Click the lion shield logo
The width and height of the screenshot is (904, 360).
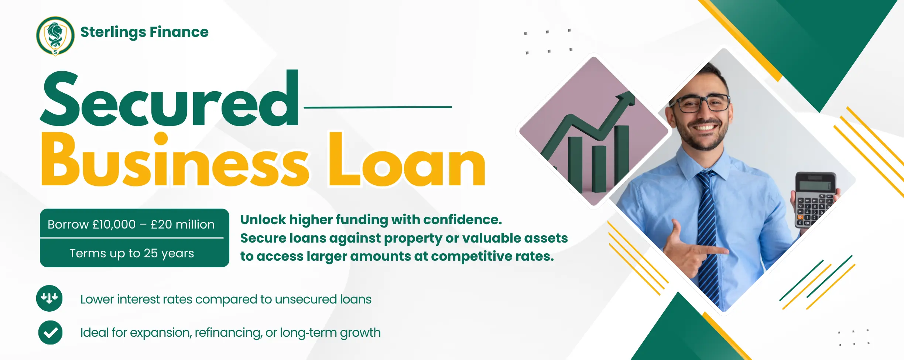55,36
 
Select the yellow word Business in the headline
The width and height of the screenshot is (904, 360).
175,160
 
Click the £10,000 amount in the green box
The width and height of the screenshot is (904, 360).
114,224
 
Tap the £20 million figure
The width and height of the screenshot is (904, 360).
182,224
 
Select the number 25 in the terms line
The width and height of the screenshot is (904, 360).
151,253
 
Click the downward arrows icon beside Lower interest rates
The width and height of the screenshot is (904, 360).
49,298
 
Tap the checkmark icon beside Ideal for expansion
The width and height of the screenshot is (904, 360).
50,332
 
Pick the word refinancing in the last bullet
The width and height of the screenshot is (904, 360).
229,333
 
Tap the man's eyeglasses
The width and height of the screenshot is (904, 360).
700,102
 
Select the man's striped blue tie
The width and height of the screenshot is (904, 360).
707,236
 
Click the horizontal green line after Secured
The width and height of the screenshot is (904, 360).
378,107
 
